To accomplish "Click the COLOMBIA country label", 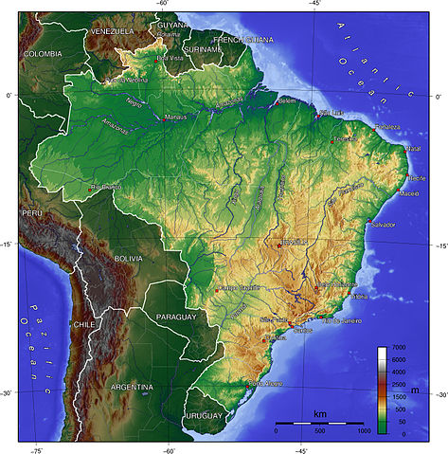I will tap(43, 55).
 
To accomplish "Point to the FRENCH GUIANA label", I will tap(244, 39).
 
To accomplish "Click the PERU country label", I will tap(33, 214).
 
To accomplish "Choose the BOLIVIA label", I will tap(127, 258).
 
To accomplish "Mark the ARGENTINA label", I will tap(131, 387).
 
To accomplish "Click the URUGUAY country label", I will tap(203, 415).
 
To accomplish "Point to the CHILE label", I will tap(84, 323).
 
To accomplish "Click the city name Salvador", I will tap(383, 225).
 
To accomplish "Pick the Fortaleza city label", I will tap(386, 126).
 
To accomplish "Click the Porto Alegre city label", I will tap(264, 383).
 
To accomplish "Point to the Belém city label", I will tap(288, 100).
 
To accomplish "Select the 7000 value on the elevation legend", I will tap(399, 349).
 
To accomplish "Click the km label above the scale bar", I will tap(320, 414).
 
